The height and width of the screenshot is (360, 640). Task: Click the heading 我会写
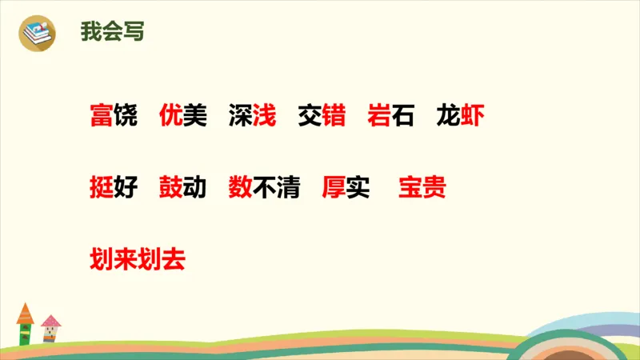112,32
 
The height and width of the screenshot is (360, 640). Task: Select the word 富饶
114,117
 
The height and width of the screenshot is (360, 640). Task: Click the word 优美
182,117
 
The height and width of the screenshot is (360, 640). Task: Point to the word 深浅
252,117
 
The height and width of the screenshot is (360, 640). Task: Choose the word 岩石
390,117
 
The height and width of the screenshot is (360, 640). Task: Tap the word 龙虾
460,117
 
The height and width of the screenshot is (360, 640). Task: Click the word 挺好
114,188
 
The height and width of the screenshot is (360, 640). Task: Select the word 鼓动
182,188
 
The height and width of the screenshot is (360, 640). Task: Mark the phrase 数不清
263,188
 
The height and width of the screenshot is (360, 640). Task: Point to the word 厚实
345,188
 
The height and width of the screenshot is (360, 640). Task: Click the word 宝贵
422,188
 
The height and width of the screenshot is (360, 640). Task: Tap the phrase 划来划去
137,259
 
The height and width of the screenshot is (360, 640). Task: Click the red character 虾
472,117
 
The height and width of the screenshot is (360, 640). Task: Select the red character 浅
264,117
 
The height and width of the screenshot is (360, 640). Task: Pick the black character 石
402,117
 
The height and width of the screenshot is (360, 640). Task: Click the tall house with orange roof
25,323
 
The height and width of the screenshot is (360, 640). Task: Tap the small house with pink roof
50,328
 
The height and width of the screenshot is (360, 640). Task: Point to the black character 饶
126,117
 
